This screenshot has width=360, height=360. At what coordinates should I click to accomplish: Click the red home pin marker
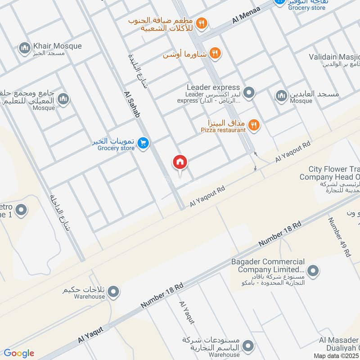[180, 162]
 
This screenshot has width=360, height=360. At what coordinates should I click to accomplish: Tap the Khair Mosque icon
[24, 47]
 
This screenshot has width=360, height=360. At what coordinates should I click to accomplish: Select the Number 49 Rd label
[339, 237]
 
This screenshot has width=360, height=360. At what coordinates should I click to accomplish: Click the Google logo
[19, 353]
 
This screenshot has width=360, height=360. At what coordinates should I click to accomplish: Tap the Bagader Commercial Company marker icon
[314, 270]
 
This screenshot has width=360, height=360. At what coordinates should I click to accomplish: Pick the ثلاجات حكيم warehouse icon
[114, 292]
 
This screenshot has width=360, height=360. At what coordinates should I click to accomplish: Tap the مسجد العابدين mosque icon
[282, 95]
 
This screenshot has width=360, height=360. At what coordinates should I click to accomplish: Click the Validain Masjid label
[335, 57]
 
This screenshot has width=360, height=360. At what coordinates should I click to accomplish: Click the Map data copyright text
[337, 355]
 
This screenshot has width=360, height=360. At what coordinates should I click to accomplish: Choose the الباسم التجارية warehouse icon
[247, 346]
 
